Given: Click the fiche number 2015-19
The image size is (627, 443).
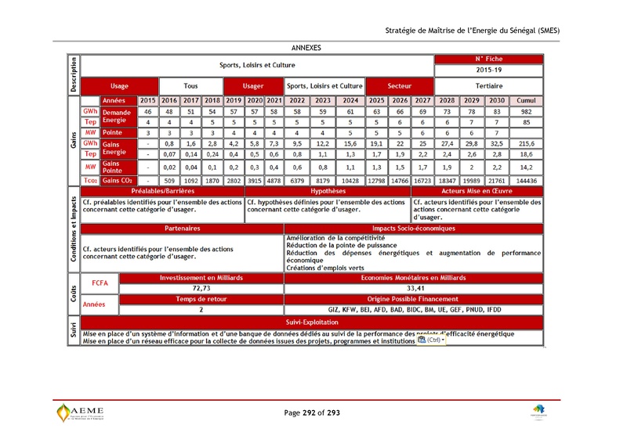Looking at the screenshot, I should coord(488,70).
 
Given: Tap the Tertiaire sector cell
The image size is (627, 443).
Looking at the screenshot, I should coord(488,85).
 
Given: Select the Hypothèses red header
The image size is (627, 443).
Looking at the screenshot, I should coord(328,191).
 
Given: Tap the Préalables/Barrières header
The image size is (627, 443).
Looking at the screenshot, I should coord(163,191).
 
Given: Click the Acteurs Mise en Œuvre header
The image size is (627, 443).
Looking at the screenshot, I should coord(477,191).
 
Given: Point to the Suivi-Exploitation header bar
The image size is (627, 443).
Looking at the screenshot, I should coord(312,322).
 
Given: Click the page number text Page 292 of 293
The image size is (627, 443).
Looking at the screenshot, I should coord(312,412).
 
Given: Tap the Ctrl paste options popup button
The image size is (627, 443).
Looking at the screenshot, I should coord(432,340).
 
